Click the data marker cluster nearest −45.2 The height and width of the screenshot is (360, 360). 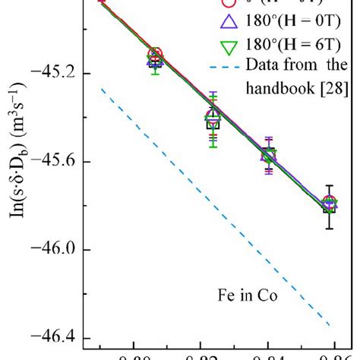[x=155, y=57]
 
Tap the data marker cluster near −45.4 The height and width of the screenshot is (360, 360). [x=213, y=118]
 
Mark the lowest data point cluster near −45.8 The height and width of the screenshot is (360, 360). [x=328, y=204]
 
